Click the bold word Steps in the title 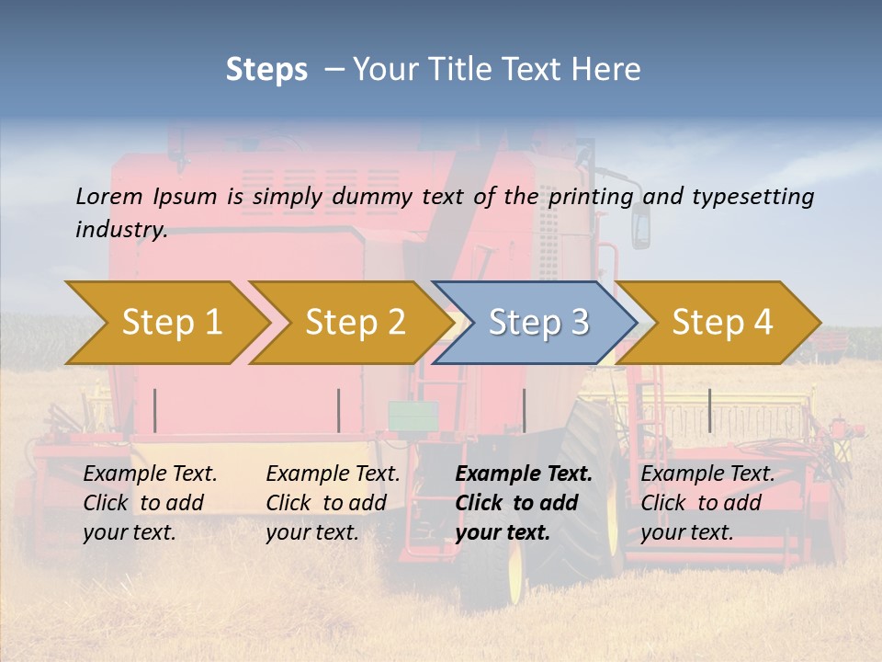pyautogui.click(x=266, y=69)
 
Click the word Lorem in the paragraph pyautogui.click(x=109, y=196)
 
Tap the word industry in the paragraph pyautogui.click(x=120, y=229)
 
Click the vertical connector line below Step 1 pyautogui.click(x=155, y=410)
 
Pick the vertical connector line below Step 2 pyautogui.click(x=339, y=410)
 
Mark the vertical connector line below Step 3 pyautogui.click(x=525, y=410)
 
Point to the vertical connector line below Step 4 pyautogui.click(x=709, y=410)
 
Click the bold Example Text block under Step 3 pyautogui.click(x=523, y=503)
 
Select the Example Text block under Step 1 pyautogui.click(x=150, y=503)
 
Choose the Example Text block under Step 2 pyautogui.click(x=333, y=503)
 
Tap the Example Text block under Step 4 pyautogui.click(x=707, y=503)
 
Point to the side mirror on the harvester pyautogui.click(x=640, y=225)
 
